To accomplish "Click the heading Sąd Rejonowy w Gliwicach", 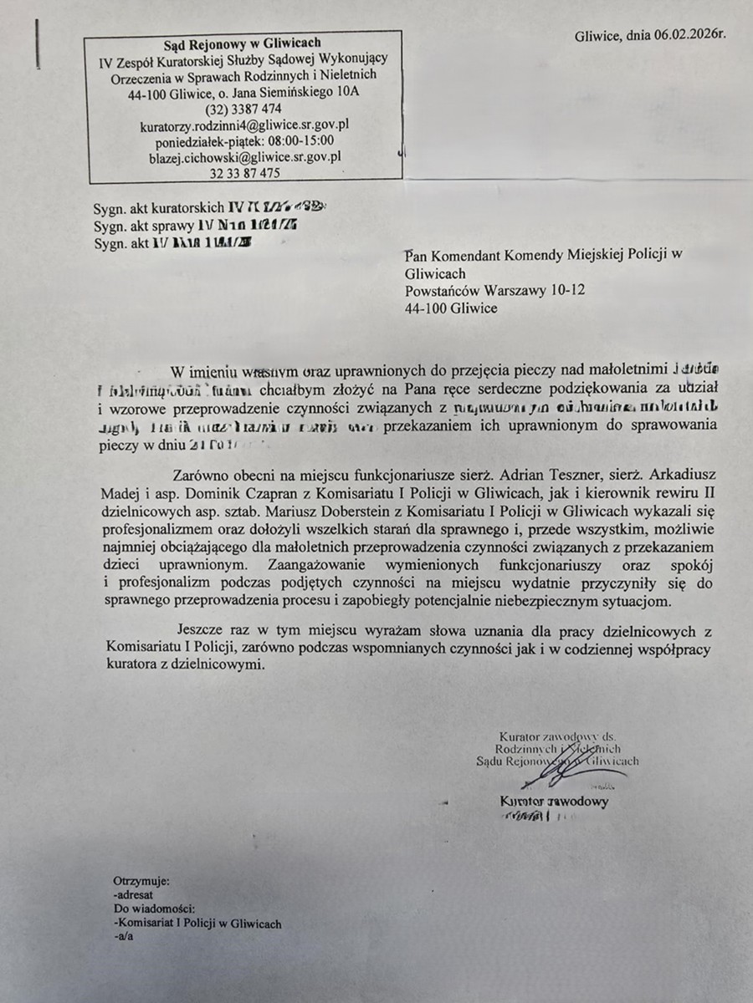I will pos(243,43).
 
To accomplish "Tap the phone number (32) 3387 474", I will pos(243,109).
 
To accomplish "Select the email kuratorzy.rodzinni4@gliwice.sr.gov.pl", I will pos(243,125).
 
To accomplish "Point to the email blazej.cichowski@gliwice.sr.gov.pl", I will pos(244,156).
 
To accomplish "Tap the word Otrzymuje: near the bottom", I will pos(141,881).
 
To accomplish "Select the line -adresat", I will pos(134,895).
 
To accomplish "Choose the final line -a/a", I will pos(123,937).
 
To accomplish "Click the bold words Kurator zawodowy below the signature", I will pos(554,802).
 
